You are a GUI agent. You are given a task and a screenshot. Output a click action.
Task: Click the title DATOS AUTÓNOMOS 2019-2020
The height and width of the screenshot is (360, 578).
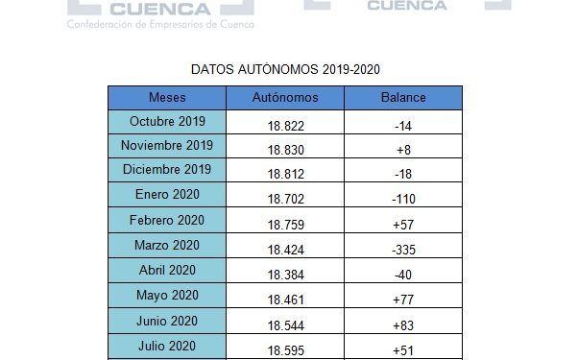click(x=286, y=70)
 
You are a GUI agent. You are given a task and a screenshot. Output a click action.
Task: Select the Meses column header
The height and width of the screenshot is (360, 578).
click(x=167, y=97)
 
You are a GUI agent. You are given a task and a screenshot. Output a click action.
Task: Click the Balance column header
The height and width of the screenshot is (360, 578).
click(x=403, y=97)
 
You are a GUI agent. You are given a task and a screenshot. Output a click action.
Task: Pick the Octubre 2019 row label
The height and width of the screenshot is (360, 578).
click(x=167, y=122)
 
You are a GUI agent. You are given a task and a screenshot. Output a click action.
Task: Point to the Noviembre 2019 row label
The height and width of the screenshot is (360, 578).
click(x=167, y=146)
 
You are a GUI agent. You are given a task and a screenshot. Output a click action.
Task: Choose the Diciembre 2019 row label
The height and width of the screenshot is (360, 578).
click(x=167, y=170)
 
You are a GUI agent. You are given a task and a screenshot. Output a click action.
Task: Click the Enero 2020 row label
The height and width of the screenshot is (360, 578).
click(x=167, y=195)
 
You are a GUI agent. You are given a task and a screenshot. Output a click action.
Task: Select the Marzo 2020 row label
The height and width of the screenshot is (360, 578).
click(x=167, y=245)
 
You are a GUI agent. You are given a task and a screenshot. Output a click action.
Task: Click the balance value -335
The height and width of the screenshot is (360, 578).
click(x=403, y=249)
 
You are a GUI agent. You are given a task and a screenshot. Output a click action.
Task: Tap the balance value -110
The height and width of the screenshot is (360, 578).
click(x=403, y=199)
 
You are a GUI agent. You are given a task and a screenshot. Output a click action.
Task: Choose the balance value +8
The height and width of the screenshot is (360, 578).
click(x=403, y=150)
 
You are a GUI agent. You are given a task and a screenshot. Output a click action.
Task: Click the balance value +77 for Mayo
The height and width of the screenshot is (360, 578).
click(x=403, y=299)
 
